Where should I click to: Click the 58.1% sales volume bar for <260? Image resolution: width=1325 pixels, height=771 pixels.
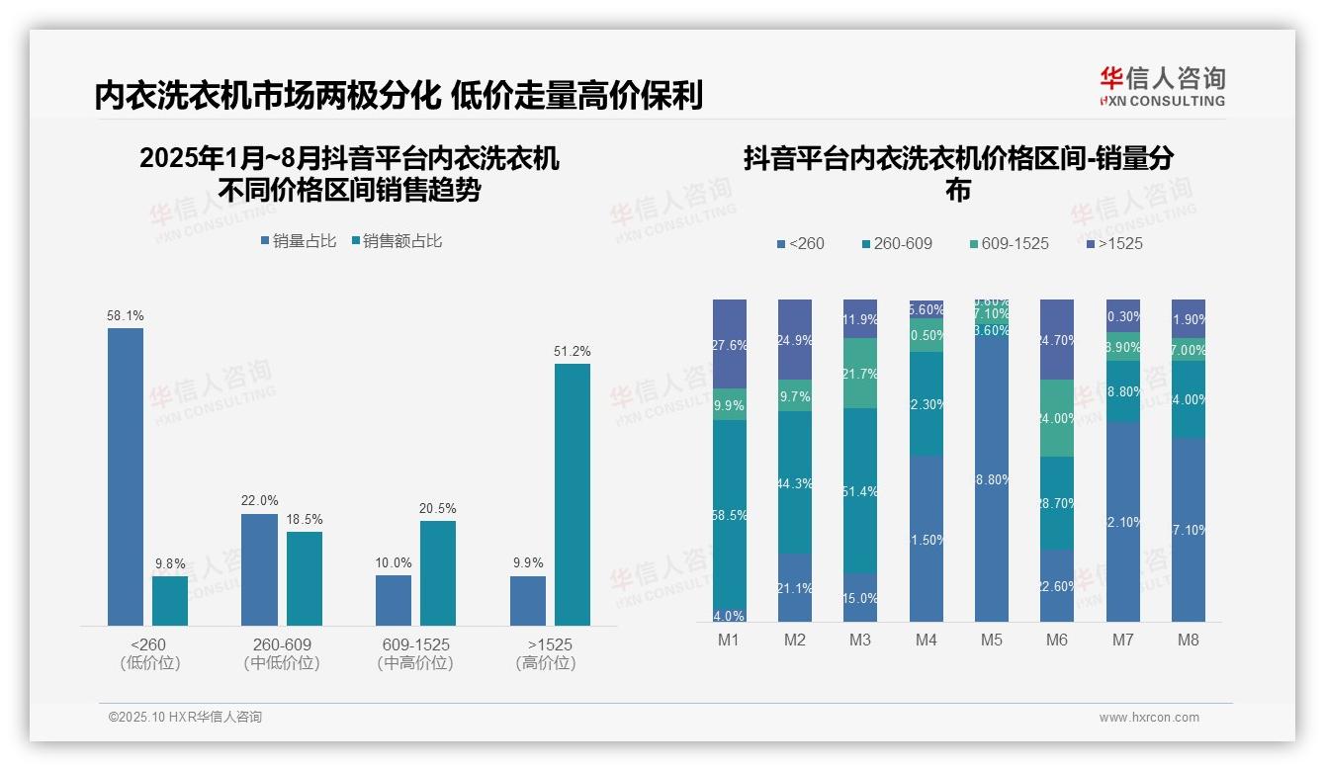coord(126,476)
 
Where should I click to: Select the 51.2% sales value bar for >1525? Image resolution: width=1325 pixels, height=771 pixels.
coord(572,494)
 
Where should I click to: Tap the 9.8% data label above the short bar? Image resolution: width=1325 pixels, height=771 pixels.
coord(170,564)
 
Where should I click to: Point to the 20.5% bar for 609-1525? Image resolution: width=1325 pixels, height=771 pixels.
coord(438,572)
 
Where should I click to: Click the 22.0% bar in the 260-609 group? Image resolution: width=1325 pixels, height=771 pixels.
coord(259,569)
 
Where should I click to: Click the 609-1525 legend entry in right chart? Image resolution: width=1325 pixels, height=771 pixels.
coord(1008,243)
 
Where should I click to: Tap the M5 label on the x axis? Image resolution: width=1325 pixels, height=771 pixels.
coord(991,640)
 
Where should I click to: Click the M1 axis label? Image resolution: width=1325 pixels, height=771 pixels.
coord(729,640)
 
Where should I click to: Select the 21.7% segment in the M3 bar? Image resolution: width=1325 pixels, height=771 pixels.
coord(860,373)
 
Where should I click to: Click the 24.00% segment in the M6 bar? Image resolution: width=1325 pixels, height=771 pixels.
coord(1057,418)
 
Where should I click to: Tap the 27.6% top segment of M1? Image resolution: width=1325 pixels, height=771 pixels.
coord(729,344)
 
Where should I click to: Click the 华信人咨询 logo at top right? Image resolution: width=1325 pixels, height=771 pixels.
coord(1162,86)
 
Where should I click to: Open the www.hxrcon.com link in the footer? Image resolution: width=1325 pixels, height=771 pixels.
coord(1149,718)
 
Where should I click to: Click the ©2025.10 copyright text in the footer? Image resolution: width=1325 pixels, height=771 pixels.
coord(185,718)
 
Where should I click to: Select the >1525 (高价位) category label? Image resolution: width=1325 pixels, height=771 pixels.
coord(545,653)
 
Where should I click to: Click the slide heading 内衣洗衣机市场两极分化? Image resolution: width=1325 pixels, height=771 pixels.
coord(267,96)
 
